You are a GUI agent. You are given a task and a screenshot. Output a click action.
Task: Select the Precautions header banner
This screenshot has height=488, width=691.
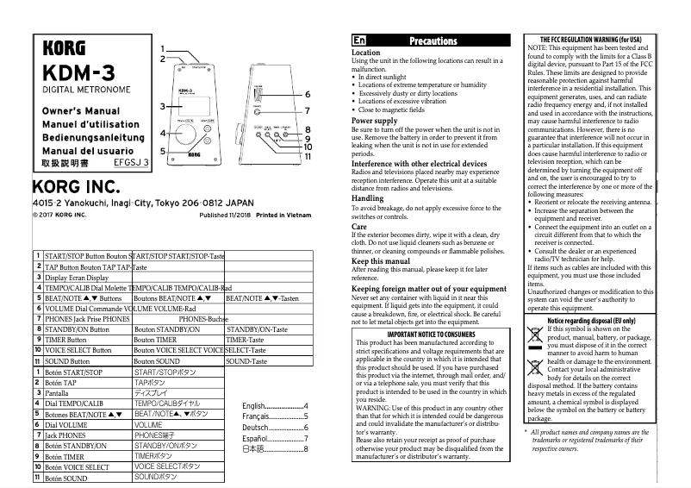click(433, 41)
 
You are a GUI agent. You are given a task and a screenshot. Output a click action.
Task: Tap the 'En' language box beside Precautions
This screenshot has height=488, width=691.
click(359, 41)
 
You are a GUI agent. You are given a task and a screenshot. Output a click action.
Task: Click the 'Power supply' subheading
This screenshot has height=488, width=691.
click(374, 121)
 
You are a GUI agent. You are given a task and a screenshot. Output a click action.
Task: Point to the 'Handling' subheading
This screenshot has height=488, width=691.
click(368, 198)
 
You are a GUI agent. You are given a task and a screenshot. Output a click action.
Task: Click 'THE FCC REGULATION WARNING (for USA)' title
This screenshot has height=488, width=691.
click(590, 40)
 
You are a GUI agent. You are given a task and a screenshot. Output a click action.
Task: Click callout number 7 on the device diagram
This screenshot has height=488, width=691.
click(308, 110)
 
